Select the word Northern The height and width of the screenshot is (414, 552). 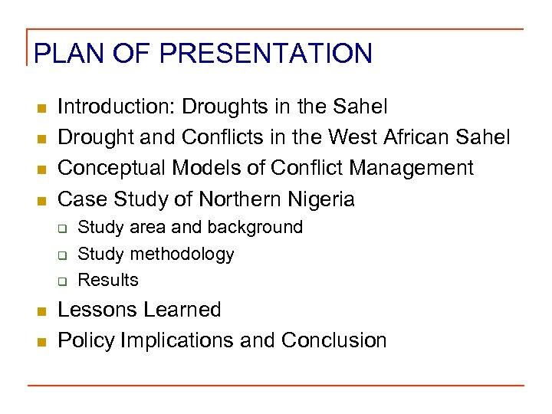(x=235, y=200)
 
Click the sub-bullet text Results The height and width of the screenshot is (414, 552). (x=108, y=280)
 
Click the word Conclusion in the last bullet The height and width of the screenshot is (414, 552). (x=333, y=340)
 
